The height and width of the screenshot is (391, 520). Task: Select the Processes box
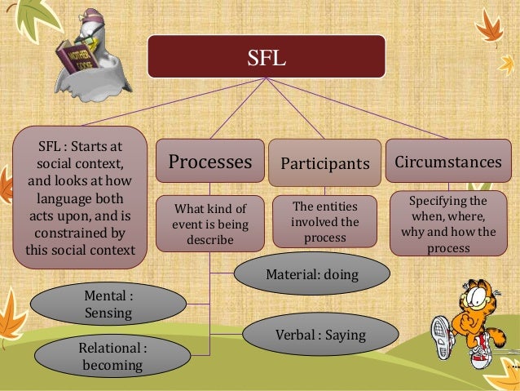coord(209,161)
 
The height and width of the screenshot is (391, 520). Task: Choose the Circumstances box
coord(447,162)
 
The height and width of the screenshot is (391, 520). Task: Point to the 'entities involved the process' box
coord(324,220)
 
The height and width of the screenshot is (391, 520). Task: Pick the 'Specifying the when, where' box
coord(447,224)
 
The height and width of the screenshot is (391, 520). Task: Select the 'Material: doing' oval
coord(311,274)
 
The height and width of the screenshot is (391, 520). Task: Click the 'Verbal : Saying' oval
coord(319,335)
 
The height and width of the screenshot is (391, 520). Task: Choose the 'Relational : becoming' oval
coord(112,358)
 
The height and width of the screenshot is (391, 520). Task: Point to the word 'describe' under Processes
coord(209,240)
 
